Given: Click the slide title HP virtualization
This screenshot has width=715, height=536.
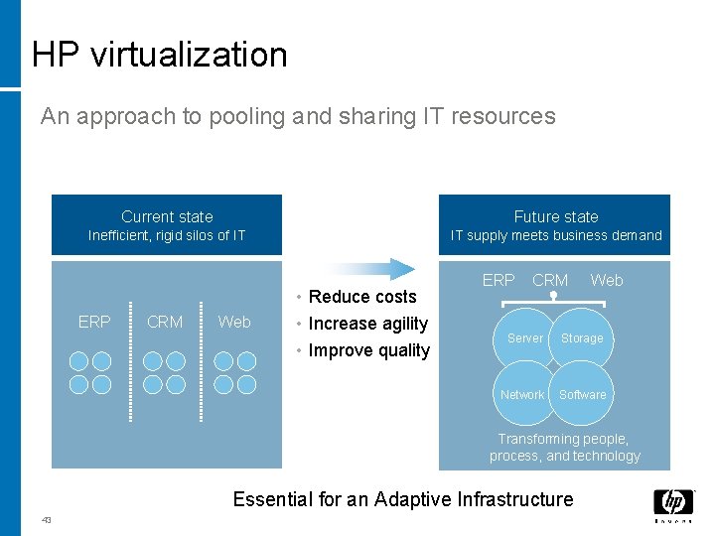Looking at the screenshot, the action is point(159,54).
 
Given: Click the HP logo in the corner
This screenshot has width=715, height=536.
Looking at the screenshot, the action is point(673,505).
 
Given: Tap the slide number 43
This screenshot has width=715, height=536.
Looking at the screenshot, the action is point(47,520).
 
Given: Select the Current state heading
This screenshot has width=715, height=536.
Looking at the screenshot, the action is point(167,216).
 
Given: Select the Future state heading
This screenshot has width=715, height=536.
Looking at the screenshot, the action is point(556,216).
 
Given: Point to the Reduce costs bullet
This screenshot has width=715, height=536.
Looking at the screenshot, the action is point(362,296).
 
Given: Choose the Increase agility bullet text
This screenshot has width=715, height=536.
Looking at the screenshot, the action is point(367,323).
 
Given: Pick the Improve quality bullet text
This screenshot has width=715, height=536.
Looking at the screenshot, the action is point(368,349).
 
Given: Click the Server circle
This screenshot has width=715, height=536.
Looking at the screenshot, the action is point(524,338).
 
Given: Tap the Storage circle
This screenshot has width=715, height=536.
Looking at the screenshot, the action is point(582,338).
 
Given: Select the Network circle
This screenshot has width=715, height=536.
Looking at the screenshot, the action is point(522,394).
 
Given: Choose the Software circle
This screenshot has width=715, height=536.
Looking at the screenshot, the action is point(583,394).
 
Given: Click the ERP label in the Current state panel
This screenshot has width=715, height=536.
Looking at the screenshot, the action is point(94,322).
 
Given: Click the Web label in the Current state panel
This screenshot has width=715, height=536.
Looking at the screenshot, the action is point(234,322).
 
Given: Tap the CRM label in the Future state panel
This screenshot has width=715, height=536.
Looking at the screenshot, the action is point(550,281).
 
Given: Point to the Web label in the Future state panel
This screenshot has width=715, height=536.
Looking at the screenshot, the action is point(607,281).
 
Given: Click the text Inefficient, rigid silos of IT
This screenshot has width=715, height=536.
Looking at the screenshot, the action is point(167,235).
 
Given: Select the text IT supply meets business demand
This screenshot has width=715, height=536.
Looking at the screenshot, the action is point(556,235).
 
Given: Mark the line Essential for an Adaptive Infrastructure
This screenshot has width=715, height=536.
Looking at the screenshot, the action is point(403,499).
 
